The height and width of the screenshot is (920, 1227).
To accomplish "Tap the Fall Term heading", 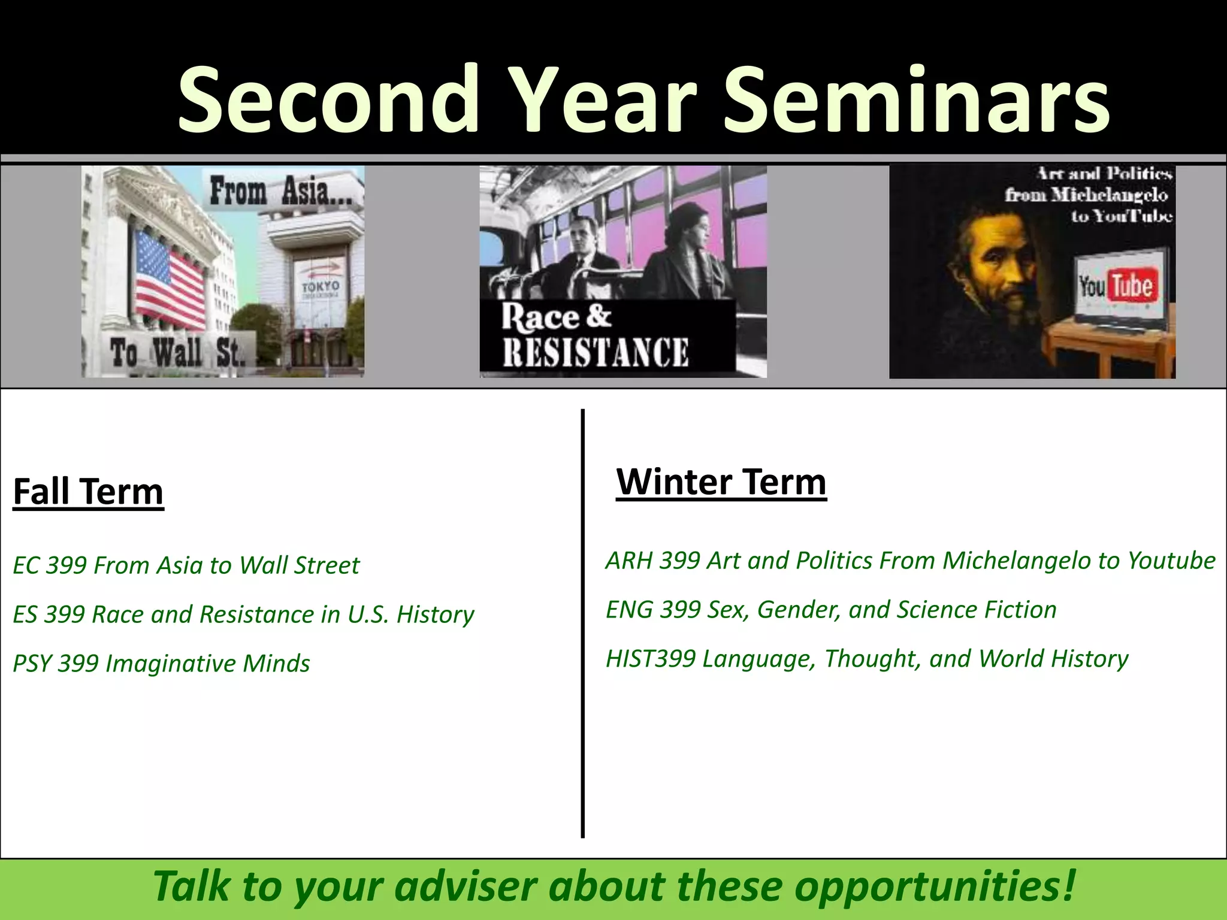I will click(x=88, y=492).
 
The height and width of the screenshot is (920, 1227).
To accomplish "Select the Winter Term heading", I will click(x=721, y=482).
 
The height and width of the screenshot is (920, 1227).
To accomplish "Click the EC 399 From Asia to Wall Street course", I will click(x=186, y=565).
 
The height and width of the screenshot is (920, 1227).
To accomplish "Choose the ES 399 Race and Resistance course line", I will click(x=243, y=615).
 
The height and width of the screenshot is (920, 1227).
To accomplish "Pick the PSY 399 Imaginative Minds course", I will click(x=161, y=664).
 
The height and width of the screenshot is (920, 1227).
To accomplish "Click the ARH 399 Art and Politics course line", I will click(x=910, y=561).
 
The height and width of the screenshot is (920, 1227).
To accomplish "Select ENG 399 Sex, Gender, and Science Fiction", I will click(x=831, y=610).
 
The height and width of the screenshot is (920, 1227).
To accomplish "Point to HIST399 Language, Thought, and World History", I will click(x=866, y=659).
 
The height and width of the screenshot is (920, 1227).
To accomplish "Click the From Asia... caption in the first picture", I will click(x=286, y=192).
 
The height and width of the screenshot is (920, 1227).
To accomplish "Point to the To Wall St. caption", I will click(x=177, y=352).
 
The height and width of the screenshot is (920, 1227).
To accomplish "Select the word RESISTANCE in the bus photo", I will click(x=595, y=352).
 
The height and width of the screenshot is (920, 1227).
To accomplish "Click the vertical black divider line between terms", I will click(x=582, y=623).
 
